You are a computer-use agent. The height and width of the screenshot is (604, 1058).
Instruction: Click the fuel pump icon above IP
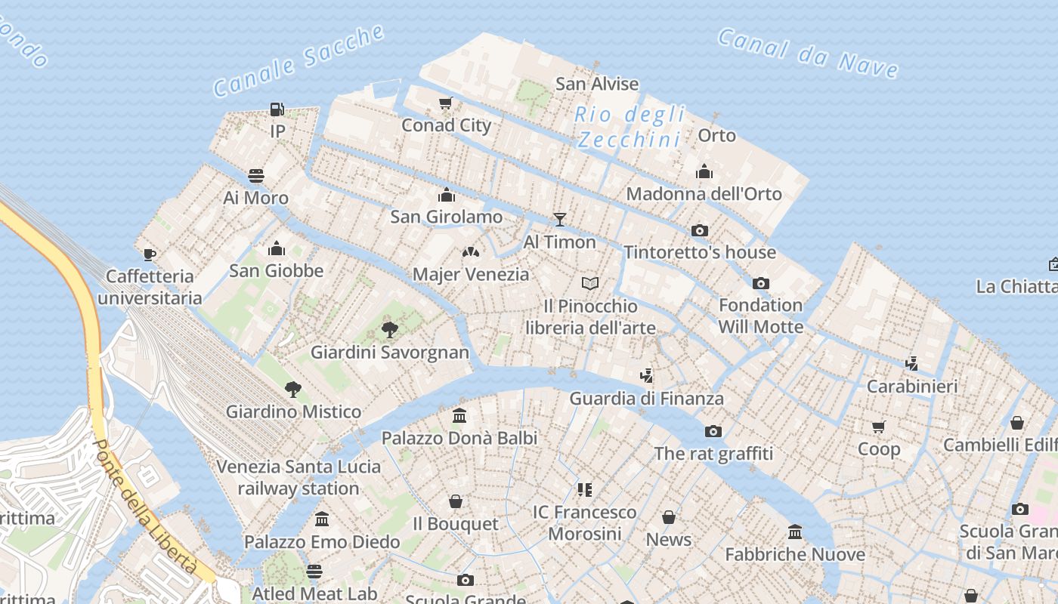277,109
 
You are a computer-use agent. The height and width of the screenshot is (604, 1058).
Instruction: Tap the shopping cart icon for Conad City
446,103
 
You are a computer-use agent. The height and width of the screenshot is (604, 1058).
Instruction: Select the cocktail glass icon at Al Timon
559,220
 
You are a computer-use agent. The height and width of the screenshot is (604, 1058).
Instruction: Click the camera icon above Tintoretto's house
700,230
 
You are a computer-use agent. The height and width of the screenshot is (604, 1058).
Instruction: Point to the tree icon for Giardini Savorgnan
390,329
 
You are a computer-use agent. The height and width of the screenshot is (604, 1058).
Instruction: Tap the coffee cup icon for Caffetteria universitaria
150,254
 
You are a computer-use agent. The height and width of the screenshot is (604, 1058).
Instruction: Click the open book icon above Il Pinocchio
590,283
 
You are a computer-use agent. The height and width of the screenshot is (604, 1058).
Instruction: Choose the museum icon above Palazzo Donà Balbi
459,415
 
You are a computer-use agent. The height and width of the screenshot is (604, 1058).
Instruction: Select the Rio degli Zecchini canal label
630,127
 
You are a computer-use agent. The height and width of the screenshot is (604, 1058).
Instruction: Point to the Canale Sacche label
299,60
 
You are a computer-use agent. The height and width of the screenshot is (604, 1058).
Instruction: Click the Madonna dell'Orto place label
704,193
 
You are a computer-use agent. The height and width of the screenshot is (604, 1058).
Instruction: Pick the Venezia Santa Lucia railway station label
299,477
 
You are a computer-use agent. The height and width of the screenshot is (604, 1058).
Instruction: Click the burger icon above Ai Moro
256,176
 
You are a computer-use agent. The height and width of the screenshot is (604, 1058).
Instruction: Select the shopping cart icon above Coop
878,427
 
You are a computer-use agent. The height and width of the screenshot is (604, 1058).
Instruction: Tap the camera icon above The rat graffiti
713,432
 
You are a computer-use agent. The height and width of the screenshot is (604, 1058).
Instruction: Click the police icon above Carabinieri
912,363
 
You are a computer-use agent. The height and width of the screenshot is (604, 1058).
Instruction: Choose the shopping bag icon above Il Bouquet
456,501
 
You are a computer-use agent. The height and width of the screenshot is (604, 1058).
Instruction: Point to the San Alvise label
597,84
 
